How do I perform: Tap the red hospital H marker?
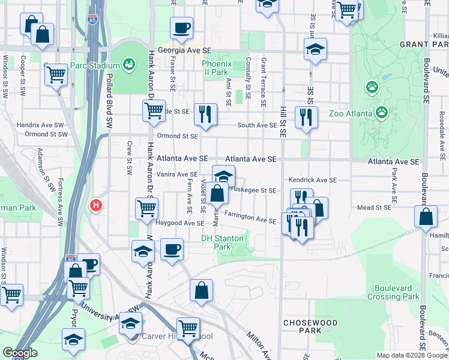tap(95, 206)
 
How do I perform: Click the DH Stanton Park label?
tap(222, 242)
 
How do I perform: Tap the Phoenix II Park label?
tap(215, 67)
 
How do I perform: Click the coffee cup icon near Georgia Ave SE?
tap(181, 27)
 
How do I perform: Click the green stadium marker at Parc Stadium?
tap(128, 63)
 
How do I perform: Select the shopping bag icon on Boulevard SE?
tap(425, 217)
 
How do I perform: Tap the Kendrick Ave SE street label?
tap(312, 179)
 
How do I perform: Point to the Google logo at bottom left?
tap(19, 352)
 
